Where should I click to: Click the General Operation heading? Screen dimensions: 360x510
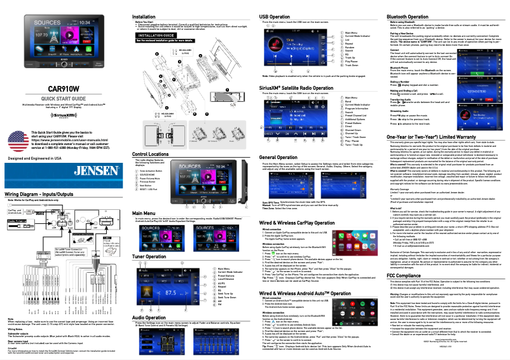pyautogui.click(x=283, y=156)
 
